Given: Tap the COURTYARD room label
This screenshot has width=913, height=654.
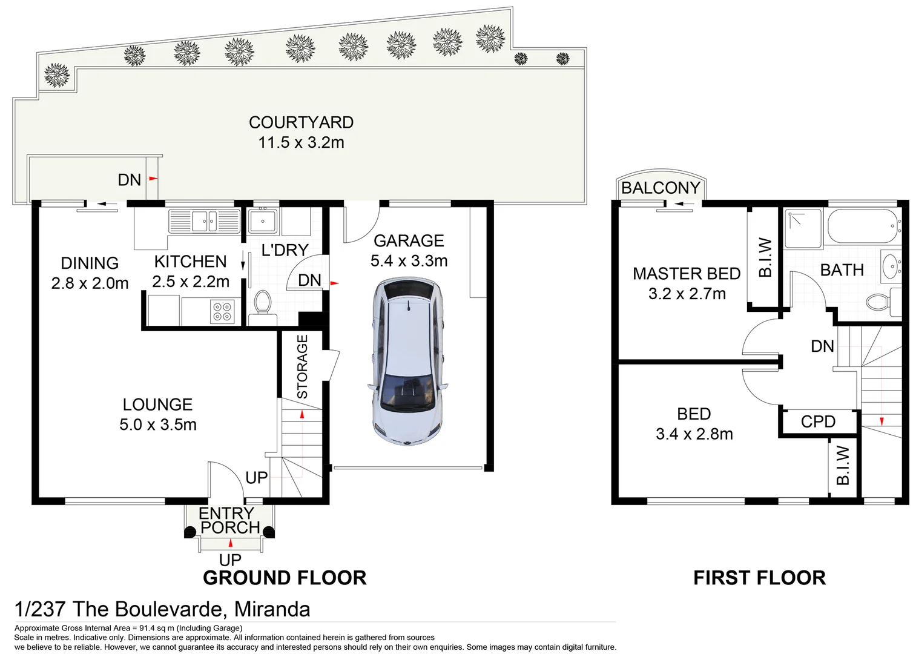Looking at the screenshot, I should pyautogui.click(x=301, y=122).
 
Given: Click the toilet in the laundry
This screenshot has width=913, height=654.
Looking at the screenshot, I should pyautogui.click(x=262, y=302).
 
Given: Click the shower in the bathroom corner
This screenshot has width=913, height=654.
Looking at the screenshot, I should pyautogui.click(x=803, y=228).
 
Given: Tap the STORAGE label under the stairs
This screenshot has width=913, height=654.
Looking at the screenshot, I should pyautogui.click(x=302, y=366).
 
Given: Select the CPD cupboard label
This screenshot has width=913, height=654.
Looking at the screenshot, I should pyautogui.click(x=818, y=421).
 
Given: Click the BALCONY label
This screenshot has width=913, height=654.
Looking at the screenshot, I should pyautogui.click(x=661, y=188).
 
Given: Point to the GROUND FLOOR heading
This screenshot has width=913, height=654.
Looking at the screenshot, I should pyautogui.click(x=285, y=578).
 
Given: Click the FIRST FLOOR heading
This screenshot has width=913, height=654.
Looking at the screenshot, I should pyautogui.click(x=759, y=578).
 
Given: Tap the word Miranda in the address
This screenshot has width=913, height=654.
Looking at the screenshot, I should pyautogui.click(x=272, y=609).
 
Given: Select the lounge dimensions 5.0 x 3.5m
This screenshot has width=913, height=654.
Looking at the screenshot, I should pyautogui.click(x=158, y=424).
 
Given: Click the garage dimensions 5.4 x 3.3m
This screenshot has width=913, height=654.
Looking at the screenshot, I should pyautogui.click(x=409, y=261).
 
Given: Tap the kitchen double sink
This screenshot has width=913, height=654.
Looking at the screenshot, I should pyautogui.click(x=204, y=220).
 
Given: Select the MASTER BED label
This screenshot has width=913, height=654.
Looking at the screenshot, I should pyautogui.click(x=687, y=274).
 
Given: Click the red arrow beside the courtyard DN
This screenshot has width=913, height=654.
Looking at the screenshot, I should pyautogui.click(x=153, y=179).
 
